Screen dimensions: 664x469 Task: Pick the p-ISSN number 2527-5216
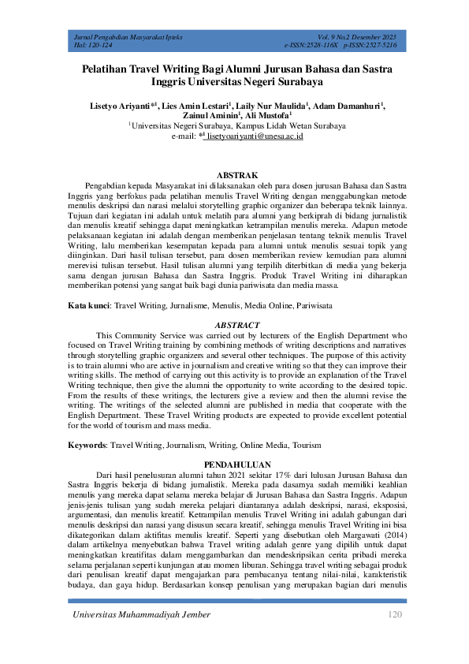[381, 46]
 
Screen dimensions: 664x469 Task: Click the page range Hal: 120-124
[91, 46]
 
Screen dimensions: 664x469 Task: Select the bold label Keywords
[87, 445]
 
